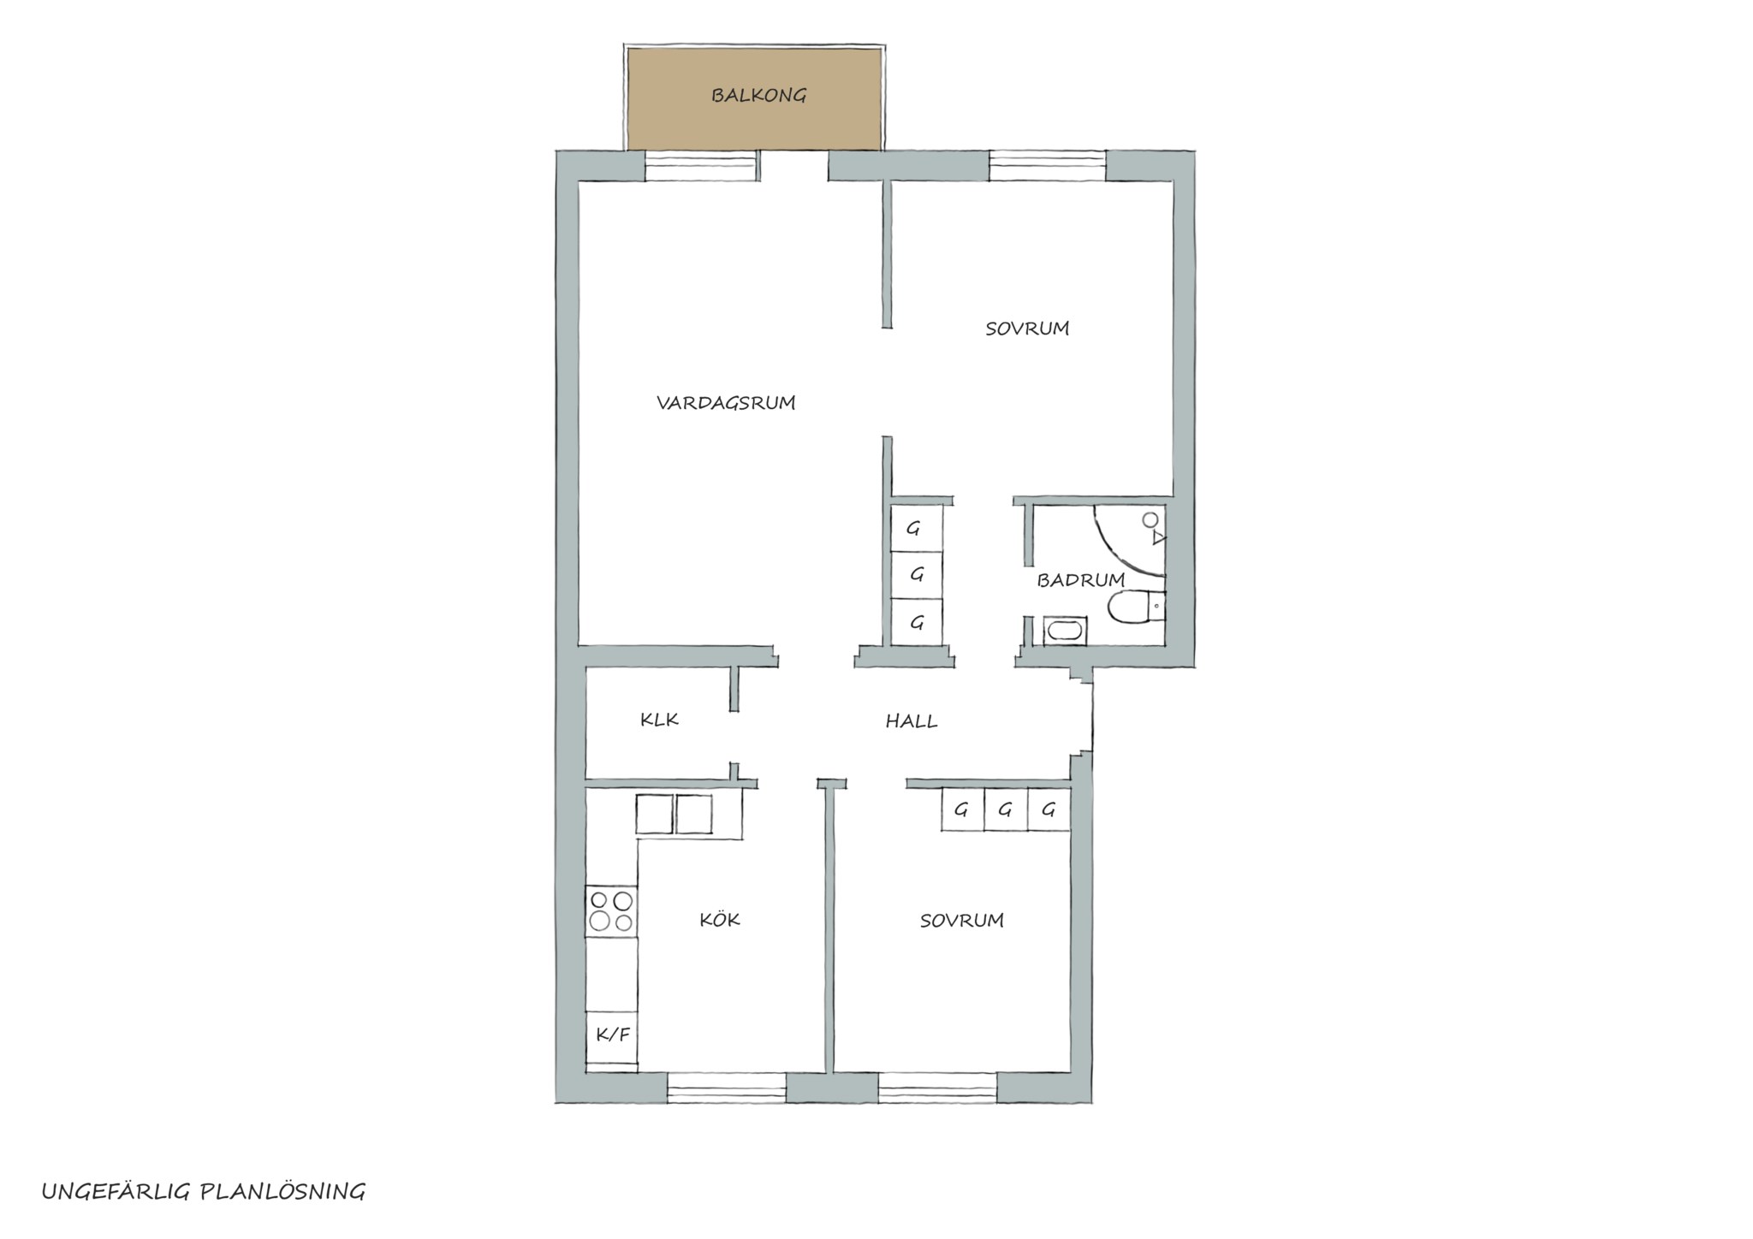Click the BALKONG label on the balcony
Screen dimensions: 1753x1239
pyautogui.click(x=758, y=95)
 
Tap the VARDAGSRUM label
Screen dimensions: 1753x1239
pyautogui.click(x=726, y=402)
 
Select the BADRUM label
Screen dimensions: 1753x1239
pyautogui.click(x=1080, y=580)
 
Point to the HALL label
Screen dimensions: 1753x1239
pyautogui.click(x=912, y=721)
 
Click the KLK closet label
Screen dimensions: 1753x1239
pyautogui.click(x=659, y=720)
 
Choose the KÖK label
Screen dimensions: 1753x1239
pyautogui.click(x=719, y=919)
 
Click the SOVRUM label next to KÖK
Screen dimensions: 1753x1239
pyautogui.click(x=961, y=921)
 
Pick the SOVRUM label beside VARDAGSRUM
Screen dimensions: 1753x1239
pyautogui.click(x=1027, y=329)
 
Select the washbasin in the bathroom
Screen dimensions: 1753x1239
pyautogui.click(x=1065, y=631)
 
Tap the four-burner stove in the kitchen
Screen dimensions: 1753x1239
pyautogui.click(x=611, y=911)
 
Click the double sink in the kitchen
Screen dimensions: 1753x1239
pyautogui.click(x=674, y=815)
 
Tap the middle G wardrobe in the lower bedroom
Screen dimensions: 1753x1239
pyautogui.click(x=1006, y=809)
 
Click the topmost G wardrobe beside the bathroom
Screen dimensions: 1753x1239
pyautogui.click(x=917, y=529)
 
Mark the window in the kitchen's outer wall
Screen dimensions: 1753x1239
pyautogui.click(x=727, y=1088)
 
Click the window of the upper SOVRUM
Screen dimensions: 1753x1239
pyautogui.click(x=1048, y=165)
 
